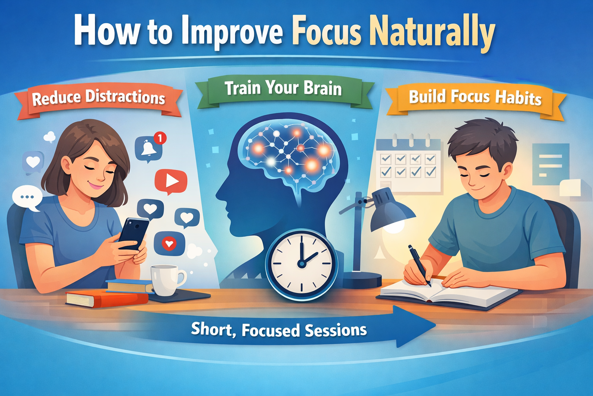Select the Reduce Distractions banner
98,98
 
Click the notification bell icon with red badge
149,148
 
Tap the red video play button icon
171,181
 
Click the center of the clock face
301,263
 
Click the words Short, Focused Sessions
279,330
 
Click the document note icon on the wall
550,164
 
